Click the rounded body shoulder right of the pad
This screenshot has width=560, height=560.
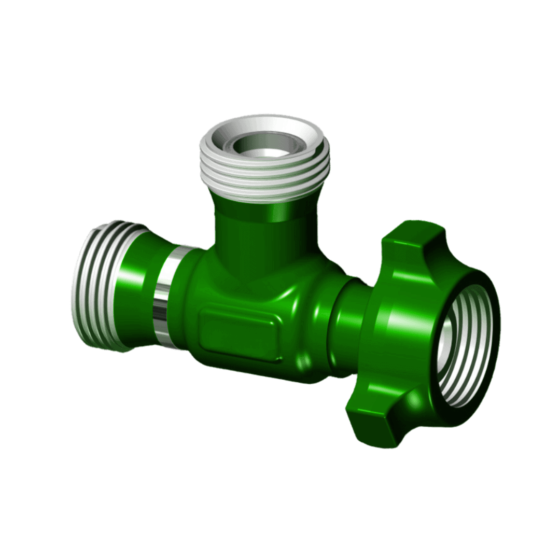pos(301,332)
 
